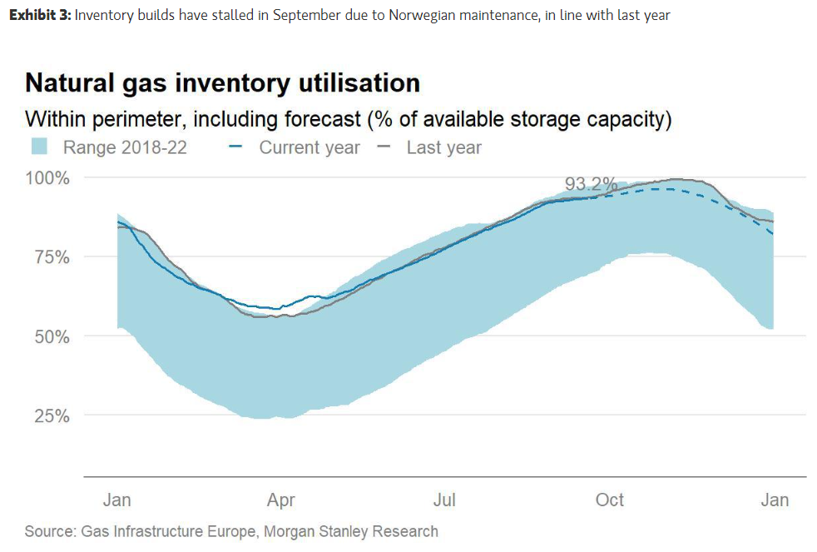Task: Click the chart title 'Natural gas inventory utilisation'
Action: (x=222, y=83)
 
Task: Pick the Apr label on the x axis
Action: (x=280, y=500)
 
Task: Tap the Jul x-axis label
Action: (x=445, y=500)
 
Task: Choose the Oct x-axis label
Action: (x=610, y=500)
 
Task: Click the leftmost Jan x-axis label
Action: (x=116, y=500)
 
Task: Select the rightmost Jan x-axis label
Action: (x=775, y=500)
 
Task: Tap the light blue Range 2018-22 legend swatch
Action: (x=40, y=147)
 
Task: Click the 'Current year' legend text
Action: (x=309, y=148)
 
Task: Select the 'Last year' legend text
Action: (x=443, y=148)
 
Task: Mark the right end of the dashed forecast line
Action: (x=773, y=234)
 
